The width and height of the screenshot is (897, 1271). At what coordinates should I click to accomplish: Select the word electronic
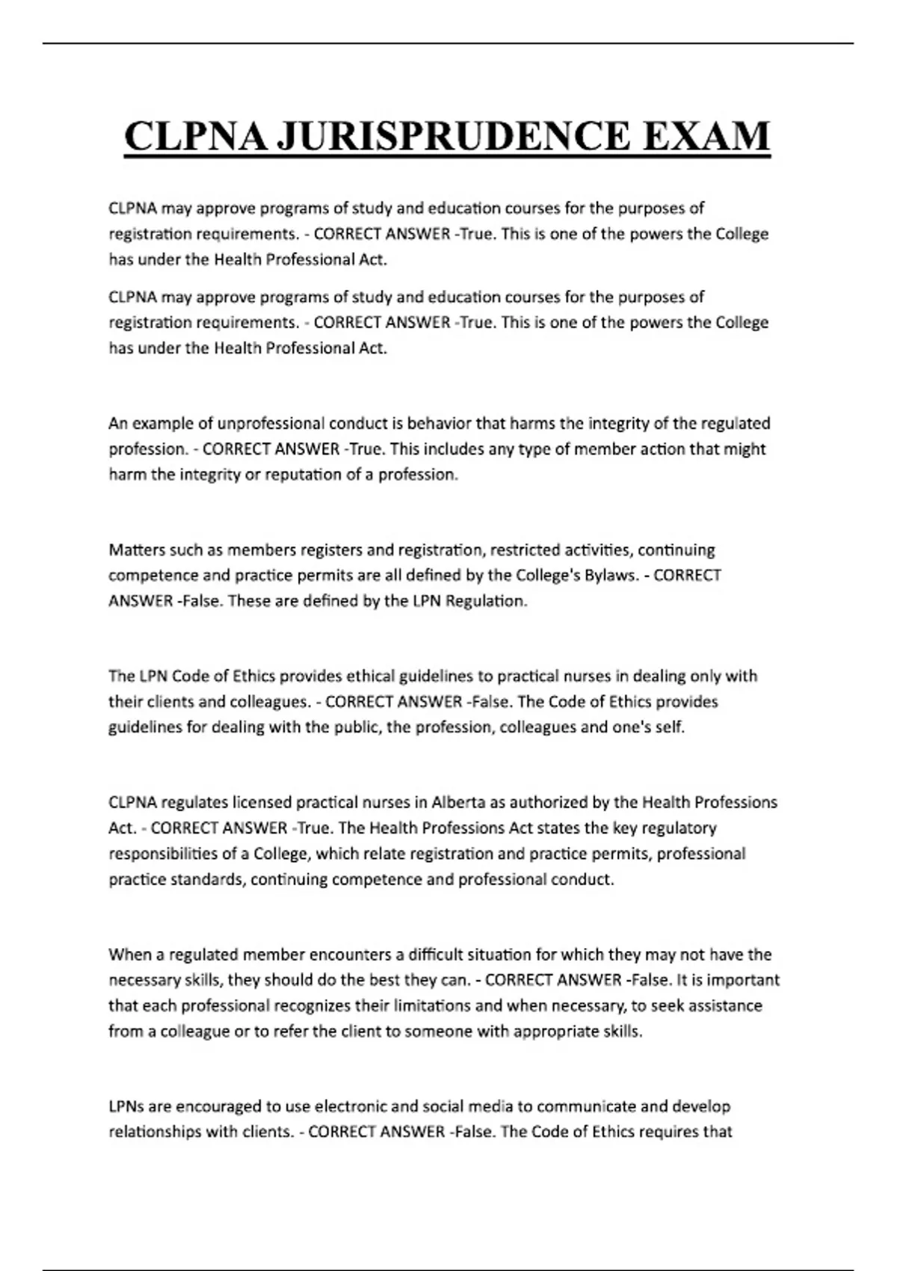(353, 1106)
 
